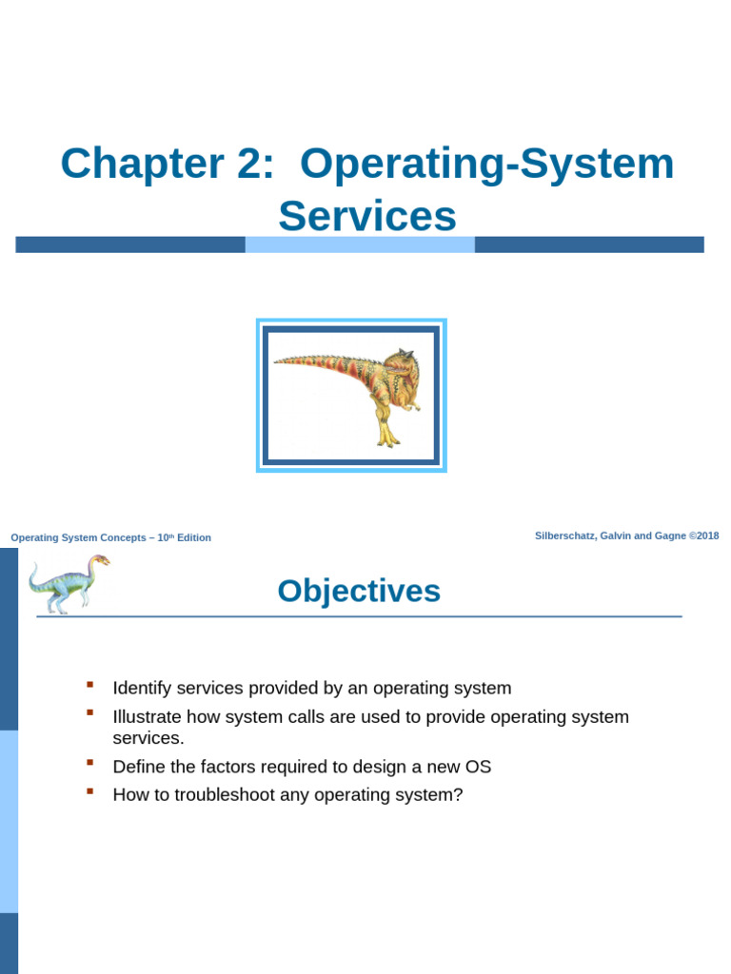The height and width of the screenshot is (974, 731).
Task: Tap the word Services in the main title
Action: pyautogui.click(x=367, y=216)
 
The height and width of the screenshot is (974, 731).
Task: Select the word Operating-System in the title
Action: pyautogui.click(x=486, y=164)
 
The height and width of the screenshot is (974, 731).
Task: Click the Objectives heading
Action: pyautogui.click(x=359, y=591)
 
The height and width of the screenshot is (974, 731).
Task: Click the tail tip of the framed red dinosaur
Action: pyautogui.click(x=278, y=360)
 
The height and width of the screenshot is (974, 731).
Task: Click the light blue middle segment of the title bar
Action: pyautogui.click(x=360, y=244)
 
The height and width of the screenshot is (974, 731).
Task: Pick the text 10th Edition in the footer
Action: pyautogui.click(x=184, y=537)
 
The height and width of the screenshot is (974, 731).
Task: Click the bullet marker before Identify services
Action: pyautogui.click(x=90, y=685)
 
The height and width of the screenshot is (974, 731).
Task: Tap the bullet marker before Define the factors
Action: pyautogui.click(x=90, y=763)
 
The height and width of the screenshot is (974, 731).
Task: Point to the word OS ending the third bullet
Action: pyautogui.click(x=478, y=767)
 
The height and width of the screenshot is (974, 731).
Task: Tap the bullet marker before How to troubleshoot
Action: pyautogui.click(x=90, y=791)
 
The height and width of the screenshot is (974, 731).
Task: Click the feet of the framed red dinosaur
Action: pyautogui.click(x=387, y=439)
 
